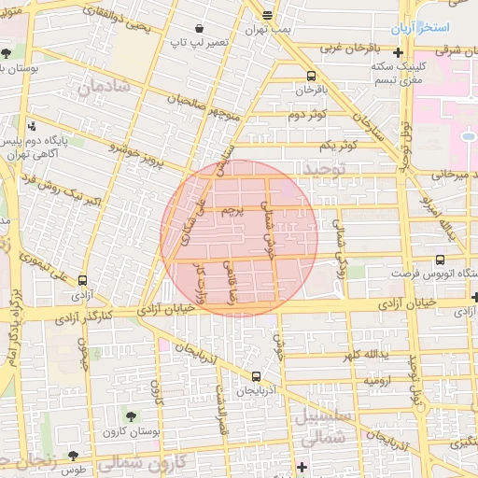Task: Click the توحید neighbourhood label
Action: (324, 166)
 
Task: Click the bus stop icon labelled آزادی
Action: (84, 279)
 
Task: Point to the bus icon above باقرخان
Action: (310, 77)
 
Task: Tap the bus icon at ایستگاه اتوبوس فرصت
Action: (440, 260)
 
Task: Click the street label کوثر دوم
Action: (306, 115)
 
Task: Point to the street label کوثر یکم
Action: (338, 145)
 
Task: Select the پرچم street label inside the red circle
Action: (232, 213)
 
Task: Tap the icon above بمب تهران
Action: (268, 15)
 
